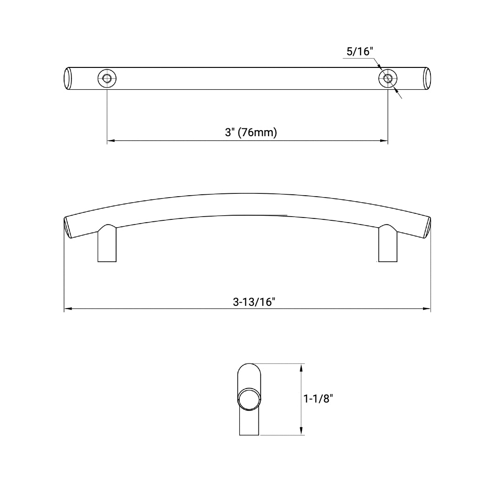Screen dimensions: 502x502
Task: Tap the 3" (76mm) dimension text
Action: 251,132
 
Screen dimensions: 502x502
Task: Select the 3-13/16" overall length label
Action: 254,301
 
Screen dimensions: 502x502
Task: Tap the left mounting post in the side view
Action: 106,245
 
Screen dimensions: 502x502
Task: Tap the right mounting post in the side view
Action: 388,245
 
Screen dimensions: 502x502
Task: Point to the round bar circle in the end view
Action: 248,399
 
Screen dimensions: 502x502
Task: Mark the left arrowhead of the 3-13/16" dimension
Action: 67,308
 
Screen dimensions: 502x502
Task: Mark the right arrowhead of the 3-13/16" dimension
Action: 427,308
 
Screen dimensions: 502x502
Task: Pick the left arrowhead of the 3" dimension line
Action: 111,140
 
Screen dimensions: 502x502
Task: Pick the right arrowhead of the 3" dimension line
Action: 384,140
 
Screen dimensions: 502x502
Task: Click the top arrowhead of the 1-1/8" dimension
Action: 302,368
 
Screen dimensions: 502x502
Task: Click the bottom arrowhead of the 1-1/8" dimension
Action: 302,431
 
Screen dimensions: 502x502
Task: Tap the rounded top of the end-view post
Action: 249,370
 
